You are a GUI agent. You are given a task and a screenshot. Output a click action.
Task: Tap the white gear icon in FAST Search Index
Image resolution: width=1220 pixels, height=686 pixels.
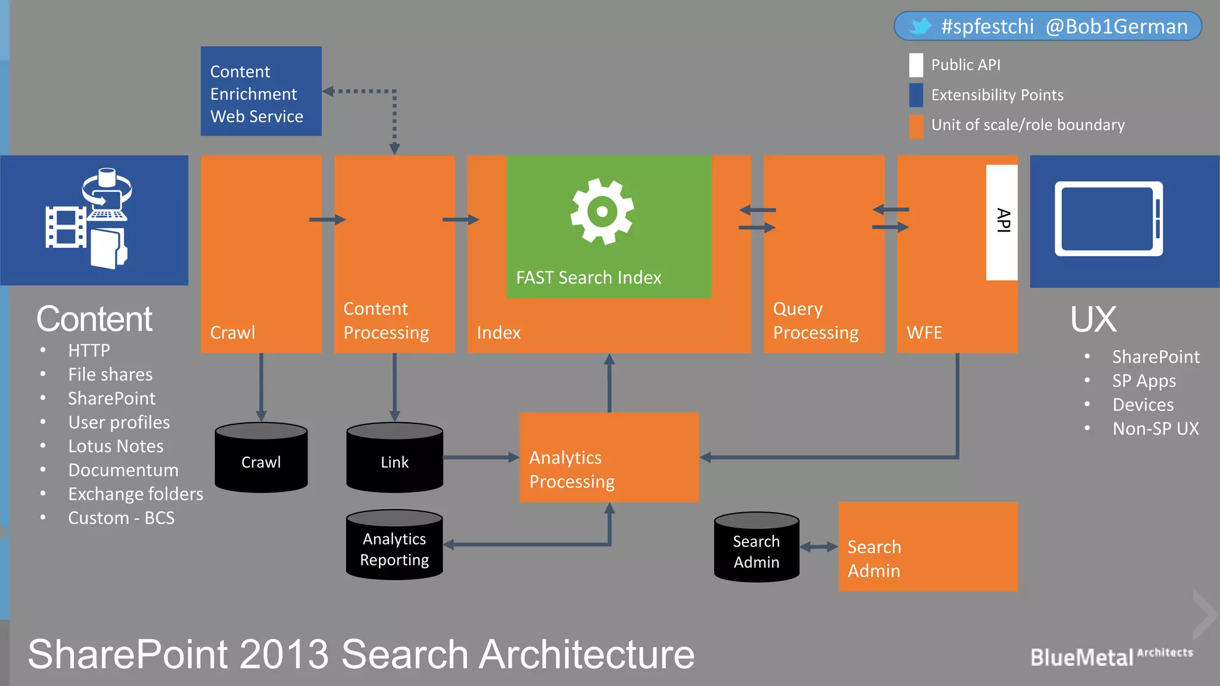[602, 211]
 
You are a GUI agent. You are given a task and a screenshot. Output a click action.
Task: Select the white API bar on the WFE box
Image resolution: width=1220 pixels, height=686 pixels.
[1001, 222]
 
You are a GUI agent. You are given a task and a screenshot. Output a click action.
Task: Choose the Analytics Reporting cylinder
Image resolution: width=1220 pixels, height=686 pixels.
[394, 545]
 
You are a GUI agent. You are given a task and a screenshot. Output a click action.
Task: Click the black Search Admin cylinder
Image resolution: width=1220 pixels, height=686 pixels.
[757, 547]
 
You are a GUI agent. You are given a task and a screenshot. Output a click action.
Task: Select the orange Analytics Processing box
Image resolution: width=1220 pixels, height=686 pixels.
[609, 457]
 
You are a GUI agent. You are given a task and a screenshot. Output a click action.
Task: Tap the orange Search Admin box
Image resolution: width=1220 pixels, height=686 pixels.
[928, 547]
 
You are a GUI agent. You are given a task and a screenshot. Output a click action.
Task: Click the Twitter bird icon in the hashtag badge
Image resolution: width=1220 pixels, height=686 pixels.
[920, 26]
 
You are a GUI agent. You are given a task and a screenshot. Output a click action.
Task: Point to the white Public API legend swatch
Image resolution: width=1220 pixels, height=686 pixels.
[916, 65]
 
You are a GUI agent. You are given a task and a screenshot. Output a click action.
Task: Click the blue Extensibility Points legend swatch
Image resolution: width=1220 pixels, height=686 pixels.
[916, 95]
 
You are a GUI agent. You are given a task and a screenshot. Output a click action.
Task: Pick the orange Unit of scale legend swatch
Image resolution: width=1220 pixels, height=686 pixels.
[916, 126]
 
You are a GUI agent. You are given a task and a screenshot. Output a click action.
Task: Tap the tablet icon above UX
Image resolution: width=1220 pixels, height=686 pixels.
[1109, 219]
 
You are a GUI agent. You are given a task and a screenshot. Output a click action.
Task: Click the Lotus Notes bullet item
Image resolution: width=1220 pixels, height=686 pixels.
[116, 446]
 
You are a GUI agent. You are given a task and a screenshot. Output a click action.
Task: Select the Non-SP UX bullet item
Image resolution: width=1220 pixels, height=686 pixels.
[1155, 429]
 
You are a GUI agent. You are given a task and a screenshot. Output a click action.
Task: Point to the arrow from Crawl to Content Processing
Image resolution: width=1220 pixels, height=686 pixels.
[327, 220]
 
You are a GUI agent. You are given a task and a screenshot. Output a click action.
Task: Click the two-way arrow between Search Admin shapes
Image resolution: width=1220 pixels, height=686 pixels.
[818, 547]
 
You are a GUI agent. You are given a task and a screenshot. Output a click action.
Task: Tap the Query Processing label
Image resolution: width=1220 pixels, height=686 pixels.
[816, 321]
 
